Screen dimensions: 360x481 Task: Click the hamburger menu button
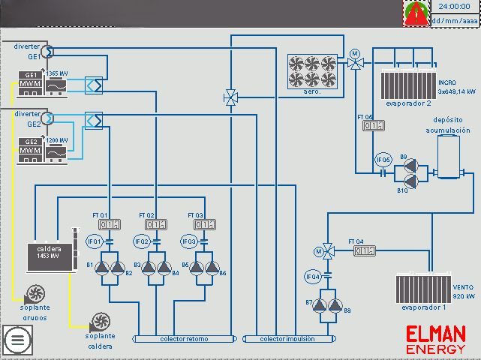[x=18, y=340]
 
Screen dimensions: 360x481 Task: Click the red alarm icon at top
[x=415, y=13]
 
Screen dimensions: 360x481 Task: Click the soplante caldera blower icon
[x=98, y=322]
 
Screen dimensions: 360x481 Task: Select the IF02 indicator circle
[x=141, y=241]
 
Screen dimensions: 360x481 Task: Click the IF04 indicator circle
[x=312, y=277]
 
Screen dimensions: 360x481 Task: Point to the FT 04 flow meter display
[x=364, y=251]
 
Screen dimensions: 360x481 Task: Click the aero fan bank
[x=312, y=70]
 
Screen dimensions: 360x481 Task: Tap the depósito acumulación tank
[x=448, y=156]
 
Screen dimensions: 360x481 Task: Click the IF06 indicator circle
[x=383, y=160]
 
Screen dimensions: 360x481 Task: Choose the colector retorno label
[x=184, y=340]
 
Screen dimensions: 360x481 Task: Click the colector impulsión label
[x=287, y=340]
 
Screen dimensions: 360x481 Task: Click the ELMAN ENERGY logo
[x=436, y=339]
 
